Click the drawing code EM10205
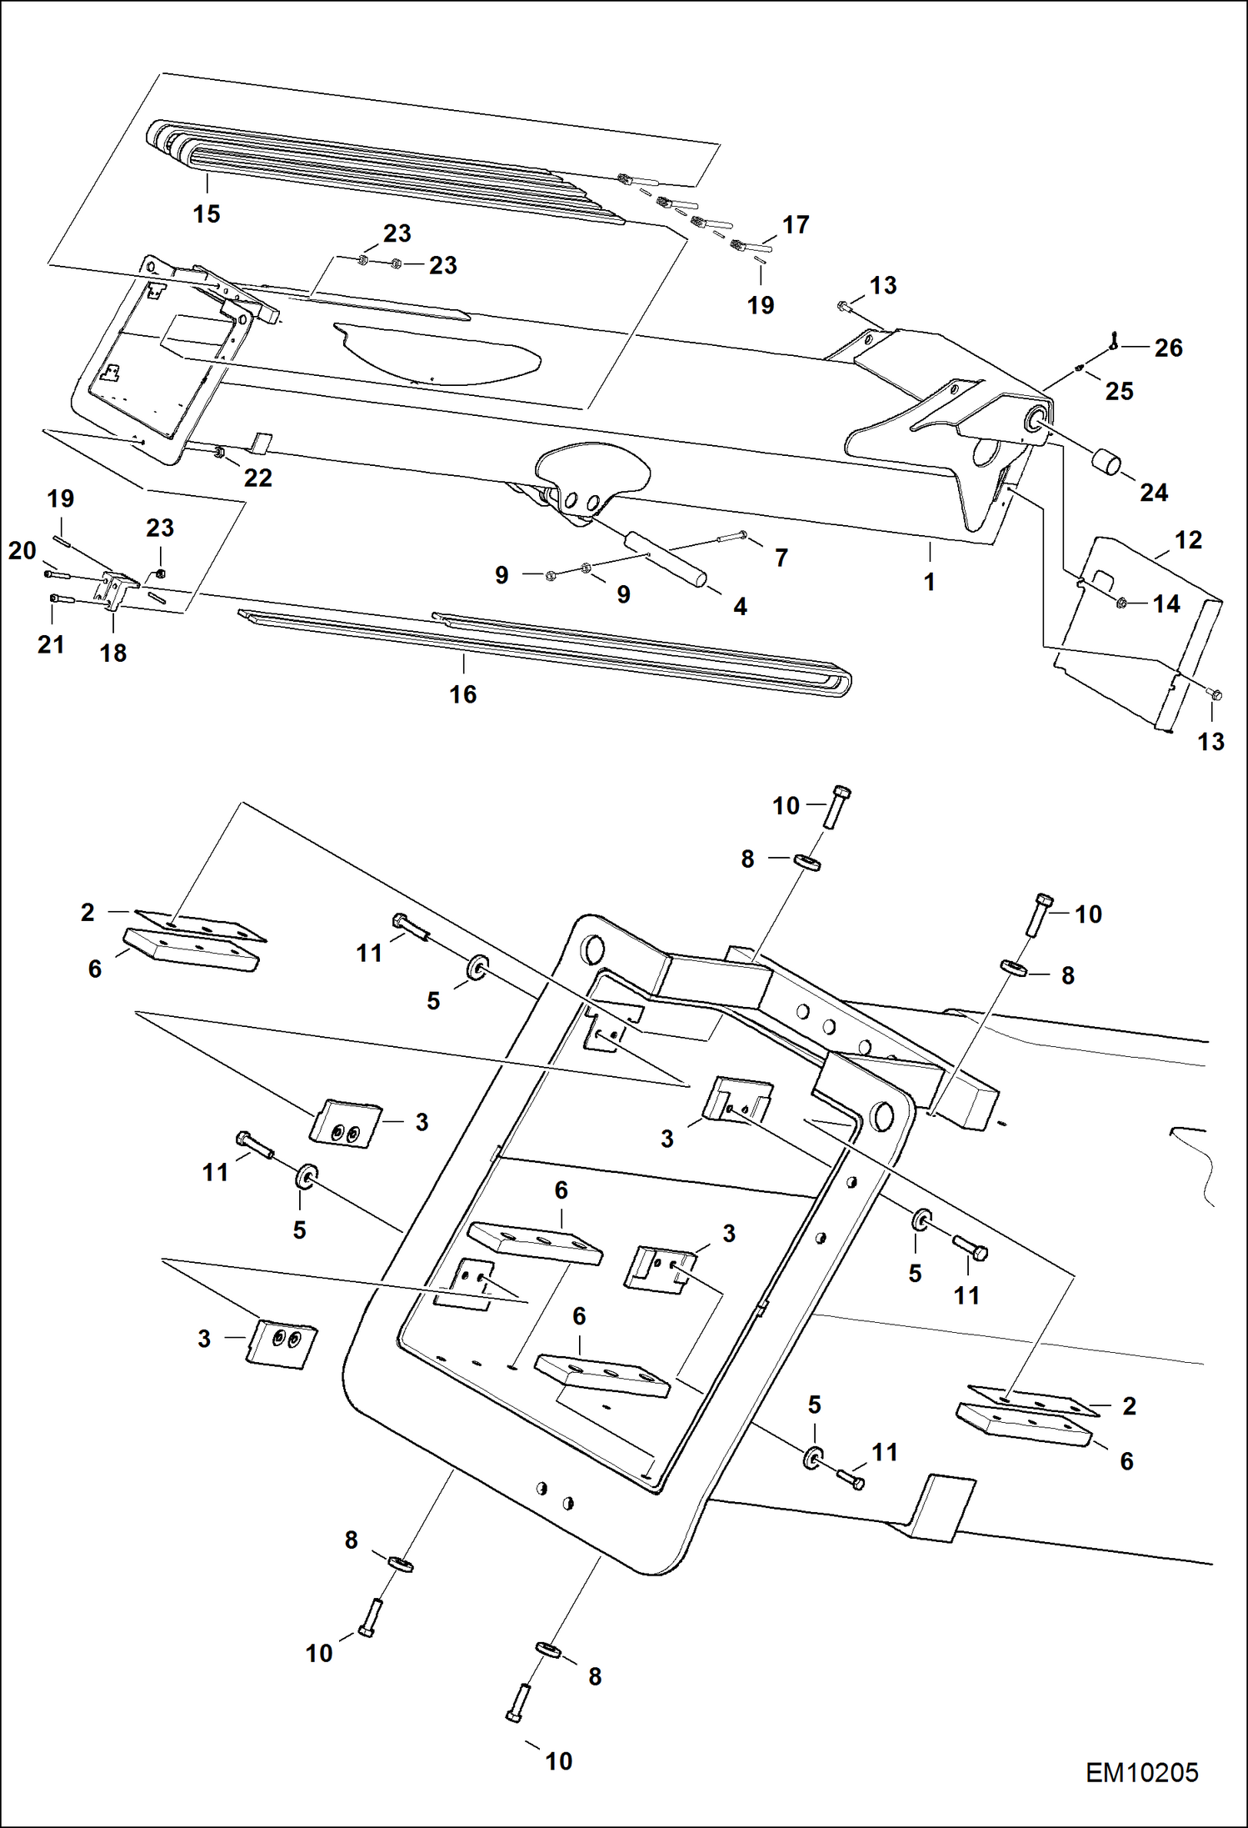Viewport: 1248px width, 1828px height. coord(1141,1772)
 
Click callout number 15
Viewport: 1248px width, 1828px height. coord(207,214)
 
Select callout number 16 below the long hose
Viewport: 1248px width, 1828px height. coord(463,694)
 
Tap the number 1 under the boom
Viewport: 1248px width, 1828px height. coord(929,582)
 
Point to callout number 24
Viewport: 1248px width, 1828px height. coord(1153,493)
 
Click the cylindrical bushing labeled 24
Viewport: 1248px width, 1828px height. coord(1106,461)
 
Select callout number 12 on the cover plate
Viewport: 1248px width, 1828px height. coord(1188,540)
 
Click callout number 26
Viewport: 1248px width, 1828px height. coord(1168,348)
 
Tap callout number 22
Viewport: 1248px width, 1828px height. coord(257,478)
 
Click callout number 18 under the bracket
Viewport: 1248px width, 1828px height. coord(113,653)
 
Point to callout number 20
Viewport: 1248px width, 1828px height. coord(22,550)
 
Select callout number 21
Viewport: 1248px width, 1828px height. coord(51,644)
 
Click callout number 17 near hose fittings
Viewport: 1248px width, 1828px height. coord(796,225)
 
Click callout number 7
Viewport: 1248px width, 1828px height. coord(781,558)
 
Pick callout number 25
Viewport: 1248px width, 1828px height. coord(1119,391)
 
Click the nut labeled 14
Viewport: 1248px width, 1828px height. coord(1121,603)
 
